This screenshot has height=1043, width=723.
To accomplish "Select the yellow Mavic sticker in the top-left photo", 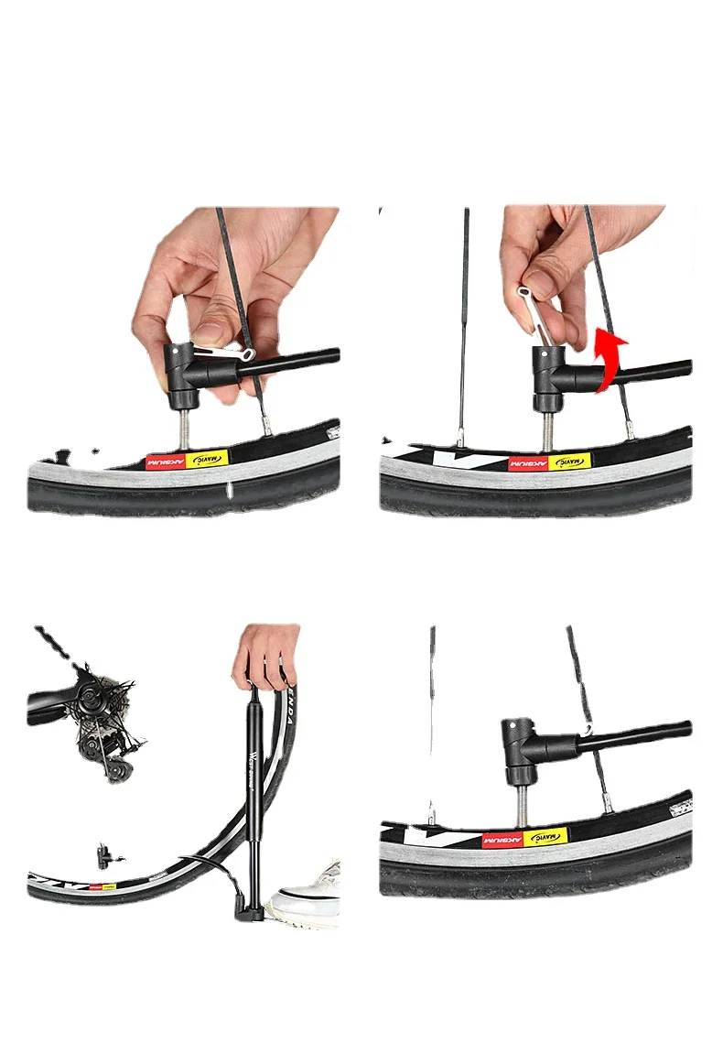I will pos(206,460).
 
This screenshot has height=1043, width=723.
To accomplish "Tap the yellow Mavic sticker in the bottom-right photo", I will pos(545,837).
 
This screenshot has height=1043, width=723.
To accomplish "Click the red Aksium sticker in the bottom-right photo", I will pos(502,840).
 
